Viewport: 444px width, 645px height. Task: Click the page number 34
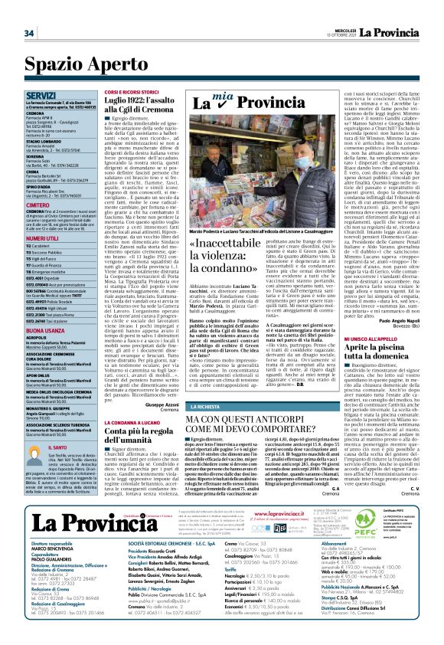(29, 34)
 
